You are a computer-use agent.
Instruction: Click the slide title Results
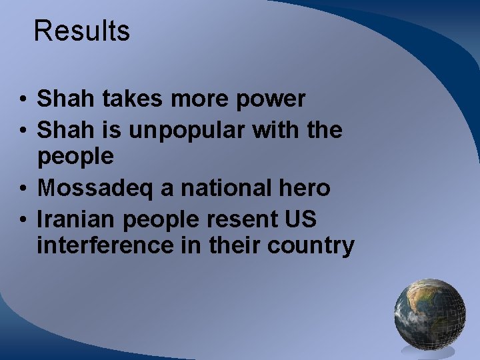click(x=81, y=31)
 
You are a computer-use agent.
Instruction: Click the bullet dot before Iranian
click(x=23, y=220)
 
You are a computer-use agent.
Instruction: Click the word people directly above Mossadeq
click(x=75, y=158)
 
